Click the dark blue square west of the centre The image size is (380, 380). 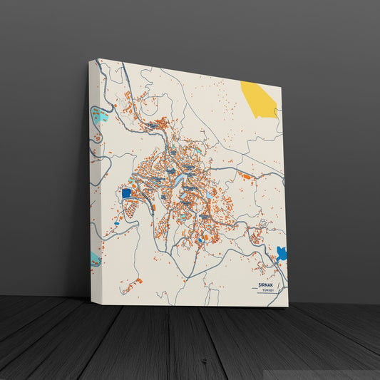pyautogui.click(x=127, y=192)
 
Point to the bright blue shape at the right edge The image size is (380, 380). pyautogui.click(x=282, y=253)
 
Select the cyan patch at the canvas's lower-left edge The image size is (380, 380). pyautogui.click(x=96, y=259)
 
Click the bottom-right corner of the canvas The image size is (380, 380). pyautogui.click(x=288, y=307)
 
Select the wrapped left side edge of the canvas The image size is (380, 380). pyautogui.click(x=93, y=178)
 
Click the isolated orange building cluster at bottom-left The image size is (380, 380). pyautogui.click(x=129, y=287)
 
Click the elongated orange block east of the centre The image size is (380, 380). pyautogui.click(x=245, y=175)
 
